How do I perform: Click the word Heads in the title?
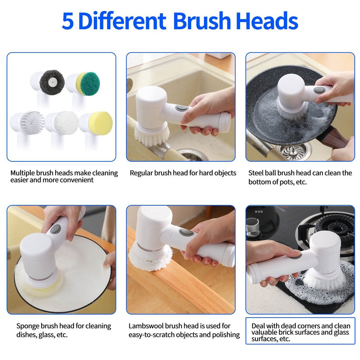click(x=267, y=21)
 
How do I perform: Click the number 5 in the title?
click(x=67, y=21)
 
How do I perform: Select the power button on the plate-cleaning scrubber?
click(x=56, y=229)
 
